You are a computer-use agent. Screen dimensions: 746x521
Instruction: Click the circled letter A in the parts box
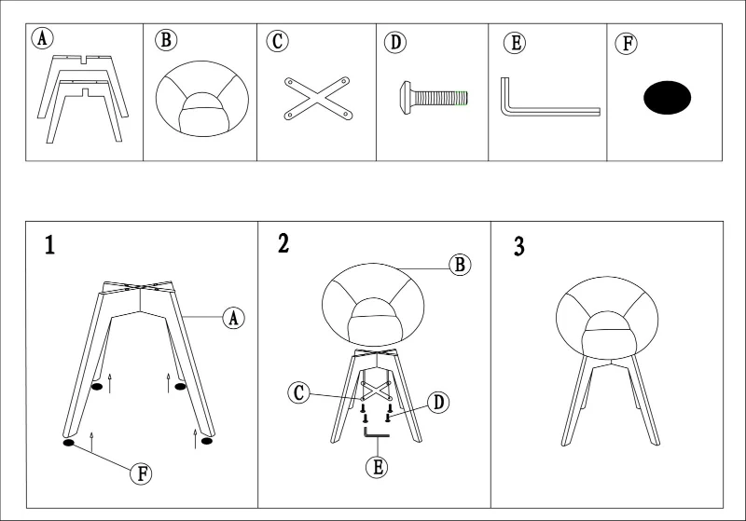(x=42, y=38)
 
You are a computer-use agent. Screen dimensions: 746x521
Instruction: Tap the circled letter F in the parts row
(x=627, y=43)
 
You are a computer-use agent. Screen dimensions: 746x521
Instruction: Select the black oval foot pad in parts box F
(x=667, y=98)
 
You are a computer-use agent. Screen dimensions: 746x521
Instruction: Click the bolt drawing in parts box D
(x=434, y=98)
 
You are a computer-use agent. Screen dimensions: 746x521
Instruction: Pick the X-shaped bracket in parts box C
(x=318, y=99)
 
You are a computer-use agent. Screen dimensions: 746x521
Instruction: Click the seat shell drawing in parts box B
(x=202, y=99)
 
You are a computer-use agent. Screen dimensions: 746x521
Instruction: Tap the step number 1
(x=49, y=245)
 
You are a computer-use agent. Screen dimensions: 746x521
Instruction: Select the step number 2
(x=283, y=243)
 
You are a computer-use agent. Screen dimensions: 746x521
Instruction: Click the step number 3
(x=519, y=247)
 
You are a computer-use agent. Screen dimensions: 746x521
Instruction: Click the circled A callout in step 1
(x=234, y=318)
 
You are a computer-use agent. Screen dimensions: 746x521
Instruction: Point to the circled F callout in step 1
(x=142, y=473)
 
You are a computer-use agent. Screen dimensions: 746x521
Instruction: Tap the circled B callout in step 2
(x=460, y=265)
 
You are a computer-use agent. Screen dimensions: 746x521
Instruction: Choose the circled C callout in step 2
(x=298, y=393)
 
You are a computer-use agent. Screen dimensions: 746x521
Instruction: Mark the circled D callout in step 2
(x=438, y=402)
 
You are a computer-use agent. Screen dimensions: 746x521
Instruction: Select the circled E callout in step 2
(x=378, y=467)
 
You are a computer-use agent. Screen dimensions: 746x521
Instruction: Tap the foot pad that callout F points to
(x=69, y=443)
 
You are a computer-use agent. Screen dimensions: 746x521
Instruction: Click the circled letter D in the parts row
(x=395, y=42)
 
